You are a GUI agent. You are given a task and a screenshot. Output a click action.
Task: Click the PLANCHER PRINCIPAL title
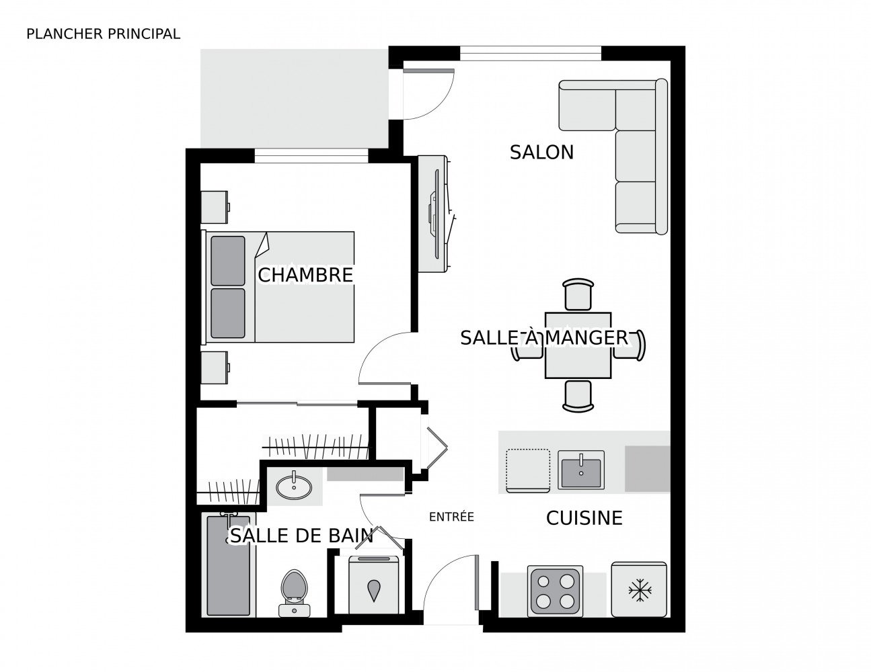(x=103, y=34)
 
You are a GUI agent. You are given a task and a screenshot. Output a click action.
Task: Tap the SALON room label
(x=541, y=152)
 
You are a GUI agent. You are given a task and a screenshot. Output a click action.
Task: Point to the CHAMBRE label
(x=305, y=275)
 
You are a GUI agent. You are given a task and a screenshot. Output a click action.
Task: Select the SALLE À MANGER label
(x=544, y=337)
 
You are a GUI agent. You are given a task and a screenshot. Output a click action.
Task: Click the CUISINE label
(x=584, y=518)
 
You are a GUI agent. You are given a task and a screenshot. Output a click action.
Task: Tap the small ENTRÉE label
(x=451, y=517)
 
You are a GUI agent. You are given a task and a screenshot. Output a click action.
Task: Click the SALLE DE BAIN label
(x=302, y=536)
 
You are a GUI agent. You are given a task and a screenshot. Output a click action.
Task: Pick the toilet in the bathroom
(x=294, y=593)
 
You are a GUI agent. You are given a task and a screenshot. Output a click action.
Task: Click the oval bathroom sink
(x=294, y=487)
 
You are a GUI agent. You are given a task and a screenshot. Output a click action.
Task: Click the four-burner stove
(x=555, y=591)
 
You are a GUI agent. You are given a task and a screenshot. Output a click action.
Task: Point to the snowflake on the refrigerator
(x=640, y=590)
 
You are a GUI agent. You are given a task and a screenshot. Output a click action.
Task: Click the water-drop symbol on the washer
(x=373, y=590)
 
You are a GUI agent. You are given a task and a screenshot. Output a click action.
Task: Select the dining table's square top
(x=578, y=345)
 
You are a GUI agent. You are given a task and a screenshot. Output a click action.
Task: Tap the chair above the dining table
(x=578, y=294)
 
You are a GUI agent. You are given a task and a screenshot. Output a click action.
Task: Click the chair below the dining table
(x=578, y=396)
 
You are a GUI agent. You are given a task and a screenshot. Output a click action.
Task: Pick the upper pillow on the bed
(x=227, y=261)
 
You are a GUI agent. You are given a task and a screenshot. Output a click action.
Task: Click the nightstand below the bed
(x=215, y=368)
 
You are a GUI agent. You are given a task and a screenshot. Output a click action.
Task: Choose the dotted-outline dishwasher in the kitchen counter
(x=527, y=470)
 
